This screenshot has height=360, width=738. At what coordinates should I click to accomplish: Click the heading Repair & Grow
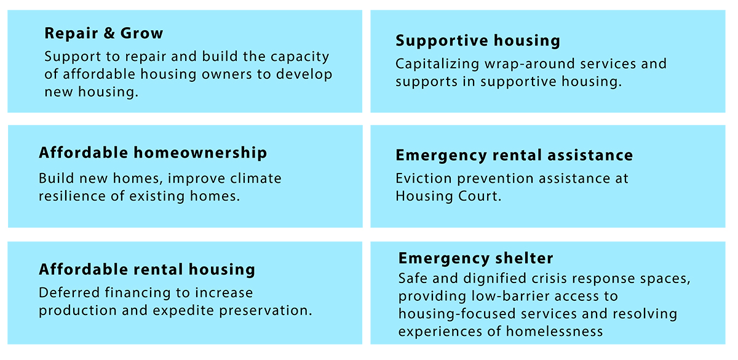(x=103, y=33)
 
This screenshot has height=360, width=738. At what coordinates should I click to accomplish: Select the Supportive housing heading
(x=478, y=41)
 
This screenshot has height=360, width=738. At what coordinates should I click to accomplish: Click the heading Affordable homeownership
(x=153, y=153)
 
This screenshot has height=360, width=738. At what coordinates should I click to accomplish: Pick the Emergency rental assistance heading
(x=514, y=155)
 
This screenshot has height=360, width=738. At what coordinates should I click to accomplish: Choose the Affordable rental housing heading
(x=146, y=270)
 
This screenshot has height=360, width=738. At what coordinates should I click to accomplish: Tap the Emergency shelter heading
(x=475, y=258)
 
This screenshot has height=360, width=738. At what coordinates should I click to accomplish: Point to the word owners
(x=220, y=74)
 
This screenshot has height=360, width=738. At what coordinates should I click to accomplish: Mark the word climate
(x=255, y=178)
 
